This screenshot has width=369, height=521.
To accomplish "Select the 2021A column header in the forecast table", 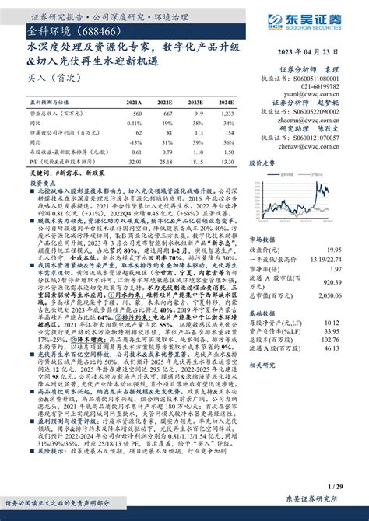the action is pyautogui.click(x=134, y=102).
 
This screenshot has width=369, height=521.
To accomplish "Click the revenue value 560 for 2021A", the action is pyautogui.click(x=135, y=113).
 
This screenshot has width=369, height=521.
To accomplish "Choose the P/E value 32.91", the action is pyautogui.click(x=133, y=162).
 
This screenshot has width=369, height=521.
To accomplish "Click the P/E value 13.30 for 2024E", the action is pyautogui.click(x=226, y=162).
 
